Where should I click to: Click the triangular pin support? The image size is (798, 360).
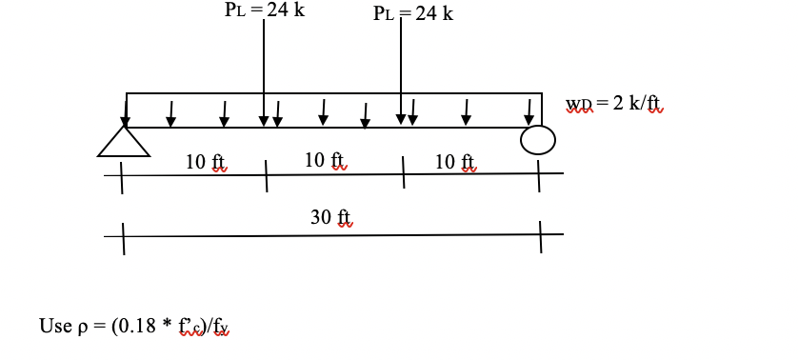(124, 142)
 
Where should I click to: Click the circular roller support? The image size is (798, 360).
(537, 141)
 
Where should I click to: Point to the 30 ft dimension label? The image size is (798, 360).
(331, 218)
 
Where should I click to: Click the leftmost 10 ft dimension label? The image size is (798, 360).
(207, 162)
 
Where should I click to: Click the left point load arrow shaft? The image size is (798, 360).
(264, 67)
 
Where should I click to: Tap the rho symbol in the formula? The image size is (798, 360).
(79, 328)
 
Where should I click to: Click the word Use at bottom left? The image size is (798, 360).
(52, 327)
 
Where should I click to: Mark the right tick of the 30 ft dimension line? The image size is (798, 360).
(540, 236)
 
